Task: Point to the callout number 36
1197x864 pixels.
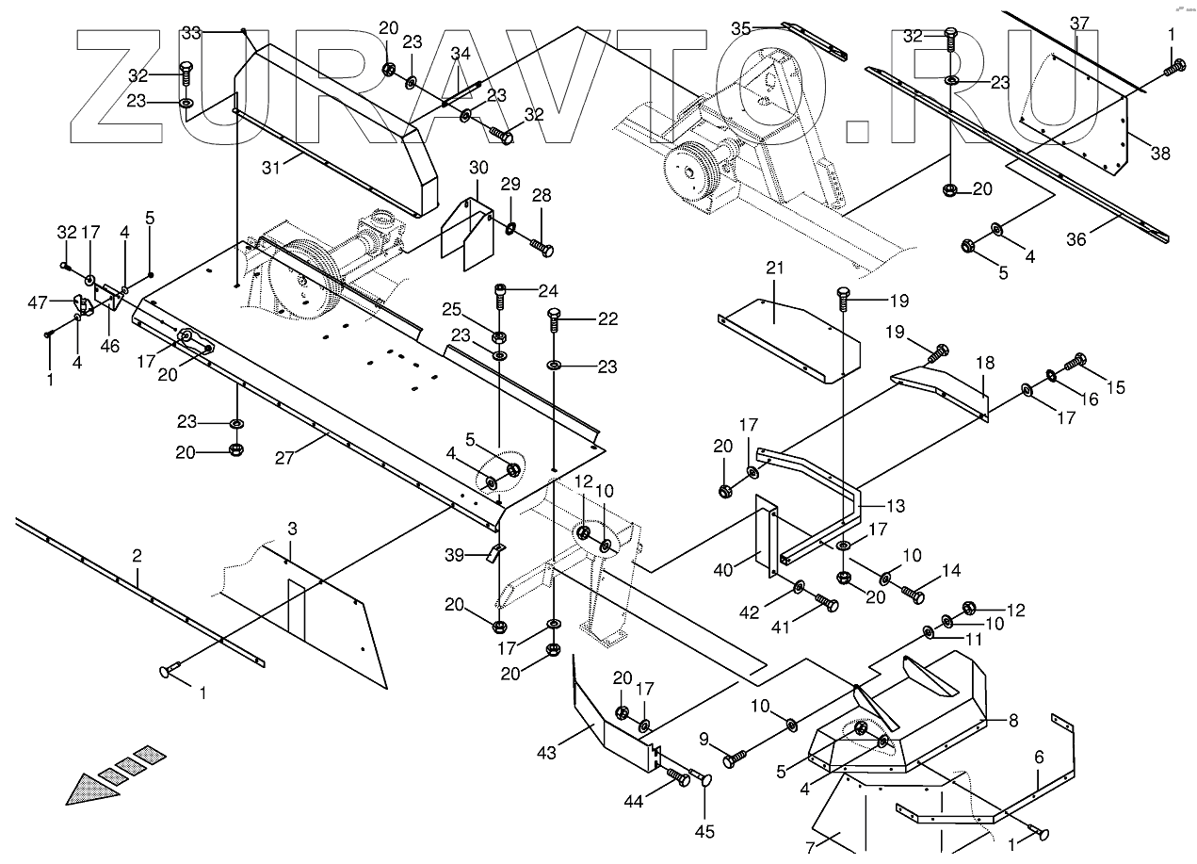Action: pyautogui.click(x=1076, y=239)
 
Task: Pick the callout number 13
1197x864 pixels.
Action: pyautogui.click(x=895, y=506)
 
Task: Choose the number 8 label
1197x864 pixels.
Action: pyautogui.click(x=1012, y=721)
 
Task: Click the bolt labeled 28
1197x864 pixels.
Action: pyautogui.click(x=541, y=248)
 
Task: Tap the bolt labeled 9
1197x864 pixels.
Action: pyautogui.click(x=736, y=756)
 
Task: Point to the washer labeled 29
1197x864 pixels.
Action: pyautogui.click(x=510, y=227)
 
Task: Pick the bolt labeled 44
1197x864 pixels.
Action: pyautogui.click(x=678, y=777)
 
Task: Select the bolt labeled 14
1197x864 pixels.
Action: pyautogui.click(x=912, y=594)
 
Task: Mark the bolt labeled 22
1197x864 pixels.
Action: pyautogui.click(x=555, y=320)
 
